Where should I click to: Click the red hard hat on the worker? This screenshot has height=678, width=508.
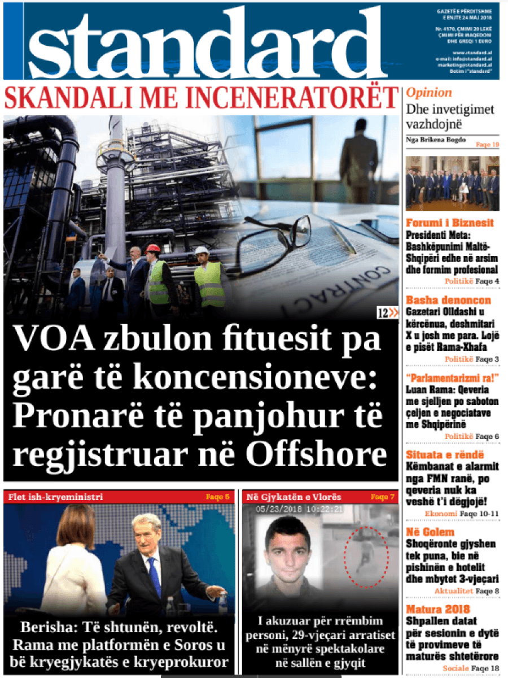click(x=152, y=248)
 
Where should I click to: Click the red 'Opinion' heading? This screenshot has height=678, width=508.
click(x=429, y=93)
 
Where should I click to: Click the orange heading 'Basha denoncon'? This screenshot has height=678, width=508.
click(x=448, y=300)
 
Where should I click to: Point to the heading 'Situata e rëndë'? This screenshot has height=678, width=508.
click(x=445, y=455)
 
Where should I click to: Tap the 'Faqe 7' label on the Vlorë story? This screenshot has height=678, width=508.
click(x=382, y=497)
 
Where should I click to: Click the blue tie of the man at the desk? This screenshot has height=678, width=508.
click(x=154, y=576)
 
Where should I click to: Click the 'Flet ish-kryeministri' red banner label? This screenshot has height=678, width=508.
click(x=55, y=497)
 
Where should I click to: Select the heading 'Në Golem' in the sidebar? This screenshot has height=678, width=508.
click(x=430, y=532)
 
